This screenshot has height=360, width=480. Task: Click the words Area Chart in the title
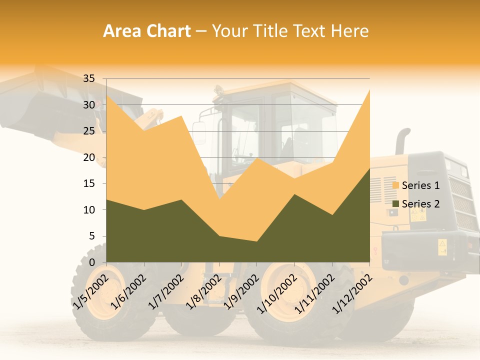[147, 31]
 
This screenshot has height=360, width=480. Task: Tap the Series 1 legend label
[420, 185]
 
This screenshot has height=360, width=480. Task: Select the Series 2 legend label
[420, 203]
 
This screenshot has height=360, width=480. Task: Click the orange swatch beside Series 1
[396, 185]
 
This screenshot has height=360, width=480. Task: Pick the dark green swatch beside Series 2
[396, 203]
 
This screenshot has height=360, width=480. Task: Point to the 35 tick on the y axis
[88, 78]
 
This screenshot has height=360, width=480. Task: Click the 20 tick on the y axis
[88, 157]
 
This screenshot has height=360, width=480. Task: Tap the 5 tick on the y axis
[91, 236]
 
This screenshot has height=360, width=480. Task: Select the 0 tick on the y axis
[91, 262]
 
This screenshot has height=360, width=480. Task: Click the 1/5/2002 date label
[90, 292]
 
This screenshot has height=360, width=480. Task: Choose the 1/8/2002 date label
[202, 292]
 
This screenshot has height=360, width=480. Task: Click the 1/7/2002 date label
[165, 292]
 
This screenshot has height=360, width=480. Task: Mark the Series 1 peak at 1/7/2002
[181, 115]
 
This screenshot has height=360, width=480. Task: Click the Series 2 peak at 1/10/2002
[294, 194]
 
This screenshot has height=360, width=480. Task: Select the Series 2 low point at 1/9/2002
[256, 241]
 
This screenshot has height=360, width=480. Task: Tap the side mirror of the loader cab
[199, 133]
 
